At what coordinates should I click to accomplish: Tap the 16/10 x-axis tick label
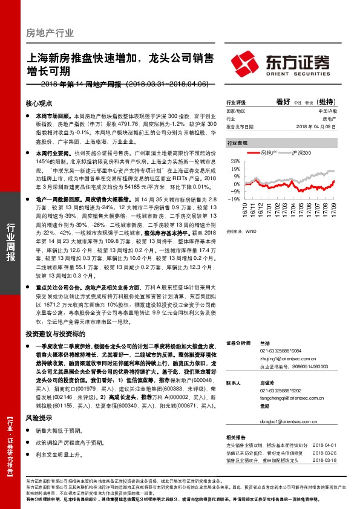pos(246,210)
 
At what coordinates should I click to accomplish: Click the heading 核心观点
pos(39,104)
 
